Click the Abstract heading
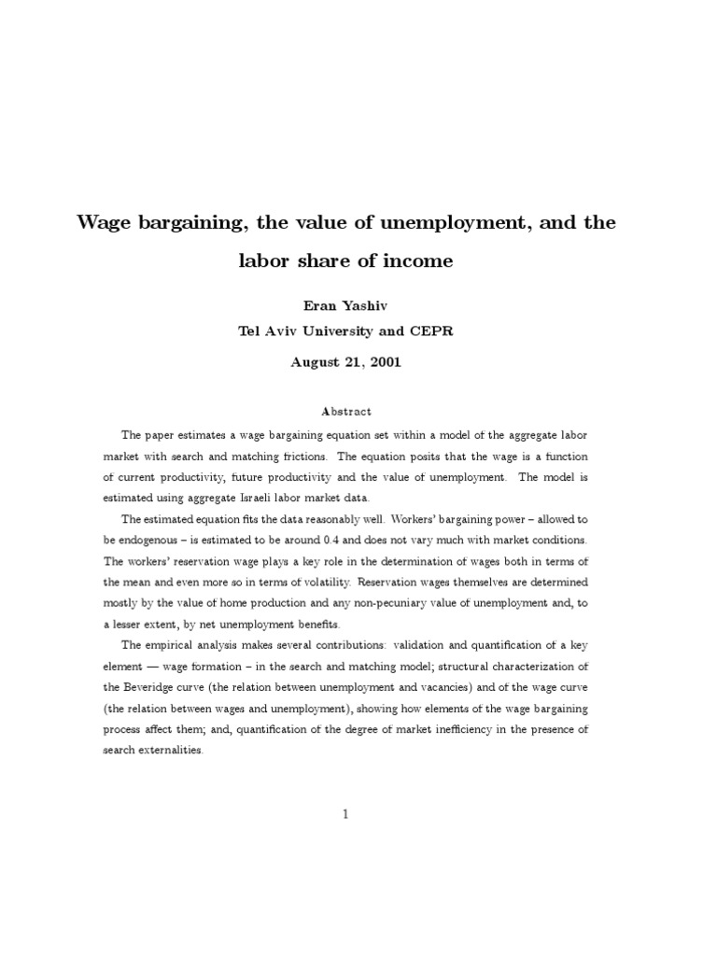[345, 411]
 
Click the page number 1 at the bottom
[345, 814]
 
